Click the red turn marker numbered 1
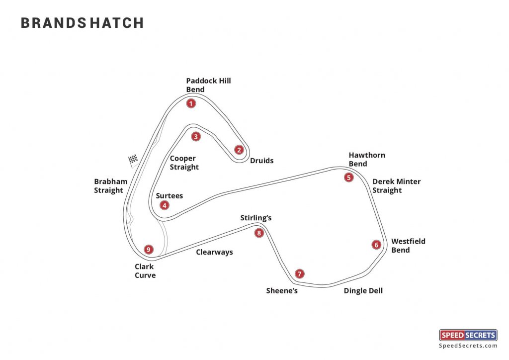pyautogui.click(x=190, y=103)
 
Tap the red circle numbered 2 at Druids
pyautogui.click(x=239, y=150)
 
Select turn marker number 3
pyautogui.click(x=196, y=136)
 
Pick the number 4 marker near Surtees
pyautogui.click(x=164, y=205)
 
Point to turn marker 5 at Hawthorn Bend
pyautogui.click(x=349, y=177)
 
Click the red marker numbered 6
pyautogui.click(x=376, y=245)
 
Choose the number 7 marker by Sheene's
pyautogui.click(x=299, y=274)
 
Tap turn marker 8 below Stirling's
pyautogui.click(x=258, y=233)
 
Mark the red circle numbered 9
pyautogui.click(x=148, y=249)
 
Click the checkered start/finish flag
pyautogui.click(x=133, y=160)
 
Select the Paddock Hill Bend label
pyautogui.click(x=208, y=85)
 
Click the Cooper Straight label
pyautogui.click(x=184, y=163)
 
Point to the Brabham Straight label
pyautogui.click(x=110, y=185)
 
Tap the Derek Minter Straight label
pyautogui.click(x=396, y=185)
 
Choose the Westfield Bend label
pyautogui.click(x=408, y=246)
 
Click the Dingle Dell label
pyautogui.click(x=363, y=291)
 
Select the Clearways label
pyautogui.click(x=214, y=252)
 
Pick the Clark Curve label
pyautogui.click(x=145, y=271)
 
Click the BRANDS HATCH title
pyautogui.click(x=82, y=23)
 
